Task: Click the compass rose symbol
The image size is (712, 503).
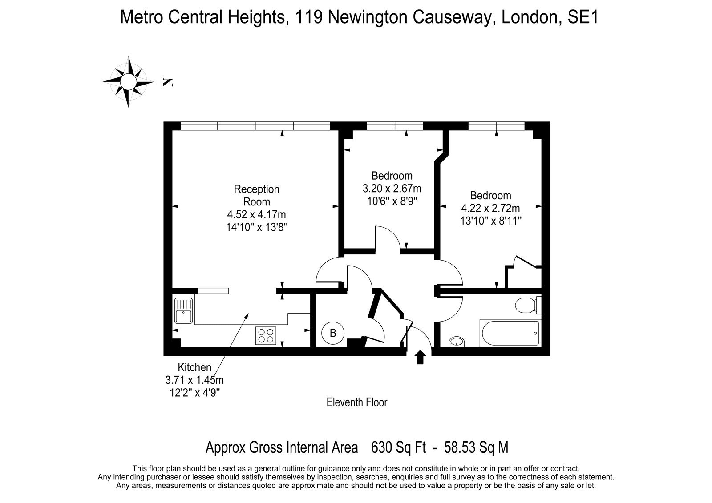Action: pos(128,82)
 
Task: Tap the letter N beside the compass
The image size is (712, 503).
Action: pos(167,82)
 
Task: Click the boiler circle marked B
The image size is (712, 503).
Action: pos(333,333)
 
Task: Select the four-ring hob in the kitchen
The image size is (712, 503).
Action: pos(266,335)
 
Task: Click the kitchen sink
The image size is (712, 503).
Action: pos(183,311)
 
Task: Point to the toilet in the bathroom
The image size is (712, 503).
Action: pos(528,305)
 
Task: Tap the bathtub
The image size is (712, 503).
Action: pos(510,333)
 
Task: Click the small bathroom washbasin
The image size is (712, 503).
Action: pos(457,342)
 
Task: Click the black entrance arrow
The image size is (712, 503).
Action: pos(420,357)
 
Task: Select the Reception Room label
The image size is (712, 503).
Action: pos(256,195)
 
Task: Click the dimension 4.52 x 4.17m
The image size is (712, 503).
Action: pos(256,214)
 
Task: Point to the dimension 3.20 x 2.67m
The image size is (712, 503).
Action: pos(392,189)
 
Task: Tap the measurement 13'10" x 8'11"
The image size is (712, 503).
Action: pos(491,221)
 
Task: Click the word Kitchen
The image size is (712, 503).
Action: pos(194,367)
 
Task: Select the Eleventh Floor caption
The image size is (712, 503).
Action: pos(357,402)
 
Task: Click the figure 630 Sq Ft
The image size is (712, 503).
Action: pos(399,447)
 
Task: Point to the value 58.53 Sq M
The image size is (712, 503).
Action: pos(476,447)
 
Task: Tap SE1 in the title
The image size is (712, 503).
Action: pos(583,17)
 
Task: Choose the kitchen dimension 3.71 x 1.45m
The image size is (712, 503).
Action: pos(194,380)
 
